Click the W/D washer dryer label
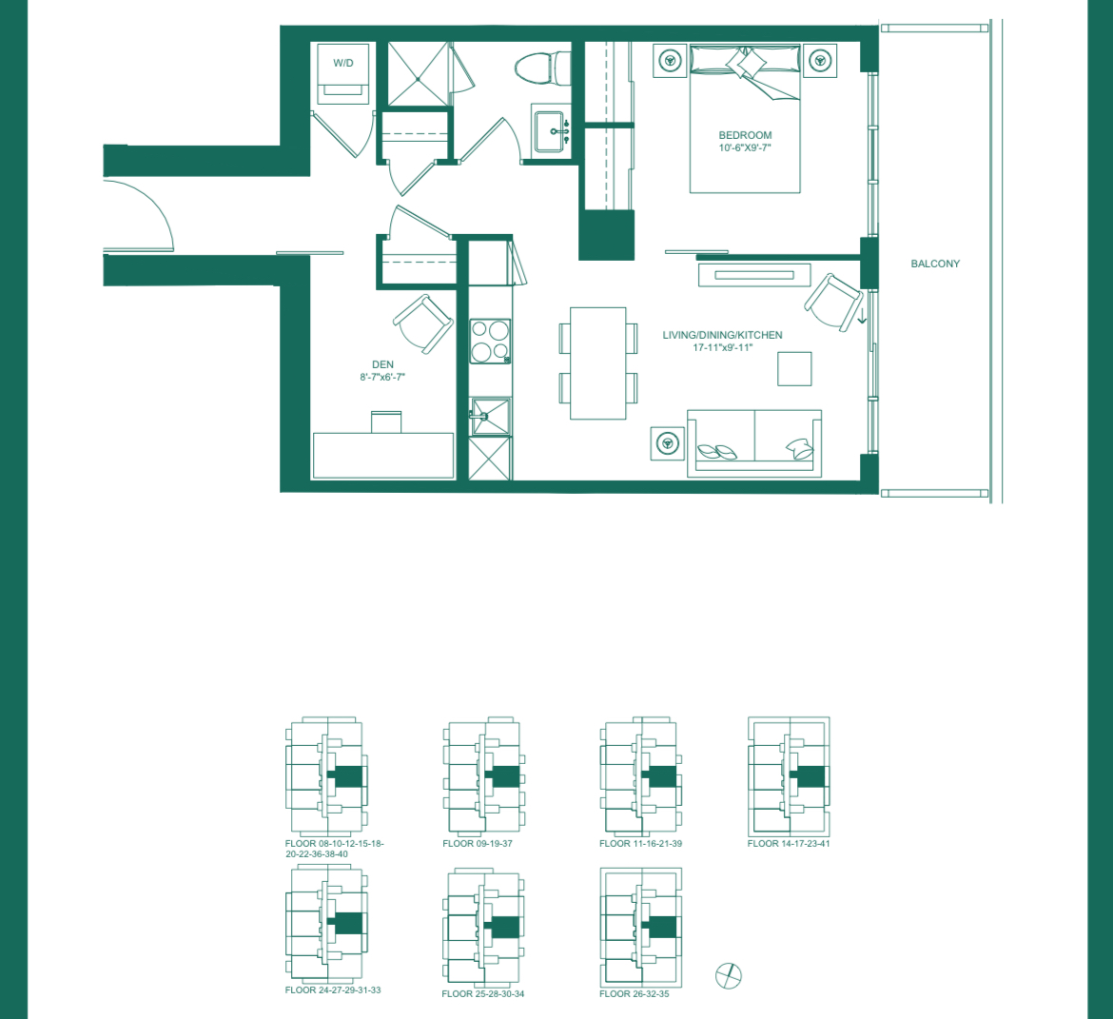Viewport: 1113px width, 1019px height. pyautogui.click(x=342, y=63)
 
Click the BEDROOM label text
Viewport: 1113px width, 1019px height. pyautogui.click(x=745, y=135)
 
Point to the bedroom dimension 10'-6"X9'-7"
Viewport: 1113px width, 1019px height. pyautogui.click(x=745, y=147)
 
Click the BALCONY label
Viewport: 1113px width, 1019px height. pyautogui.click(x=935, y=264)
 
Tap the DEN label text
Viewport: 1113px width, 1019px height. pyautogui.click(x=382, y=364)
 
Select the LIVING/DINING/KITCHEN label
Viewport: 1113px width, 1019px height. pyautogui.click(x=722, y=335)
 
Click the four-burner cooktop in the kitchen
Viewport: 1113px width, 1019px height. pyautogui.click(x=490, y=342)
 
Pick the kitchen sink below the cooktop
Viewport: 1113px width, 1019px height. pyautogui.click(x=490, y=417)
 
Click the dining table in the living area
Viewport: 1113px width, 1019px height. pyautogui.click(x=597, y=363)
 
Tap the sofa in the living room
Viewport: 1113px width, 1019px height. pyautogui.click(x=753, y=443)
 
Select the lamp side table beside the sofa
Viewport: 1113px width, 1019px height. pyautogui.click(x=667, y=443)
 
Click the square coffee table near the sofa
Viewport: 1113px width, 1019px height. pyautogui.click(x=794, y=368)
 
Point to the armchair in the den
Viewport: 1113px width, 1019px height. pyautogui.click(x=423, y=323)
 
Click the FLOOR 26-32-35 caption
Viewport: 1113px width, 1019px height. pyautogui.click(x=634, y=993)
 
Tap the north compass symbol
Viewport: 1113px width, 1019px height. pyautogui.click(x=729, y=975)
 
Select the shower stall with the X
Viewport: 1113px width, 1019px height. pyautogui.click(x=418, y=74)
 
